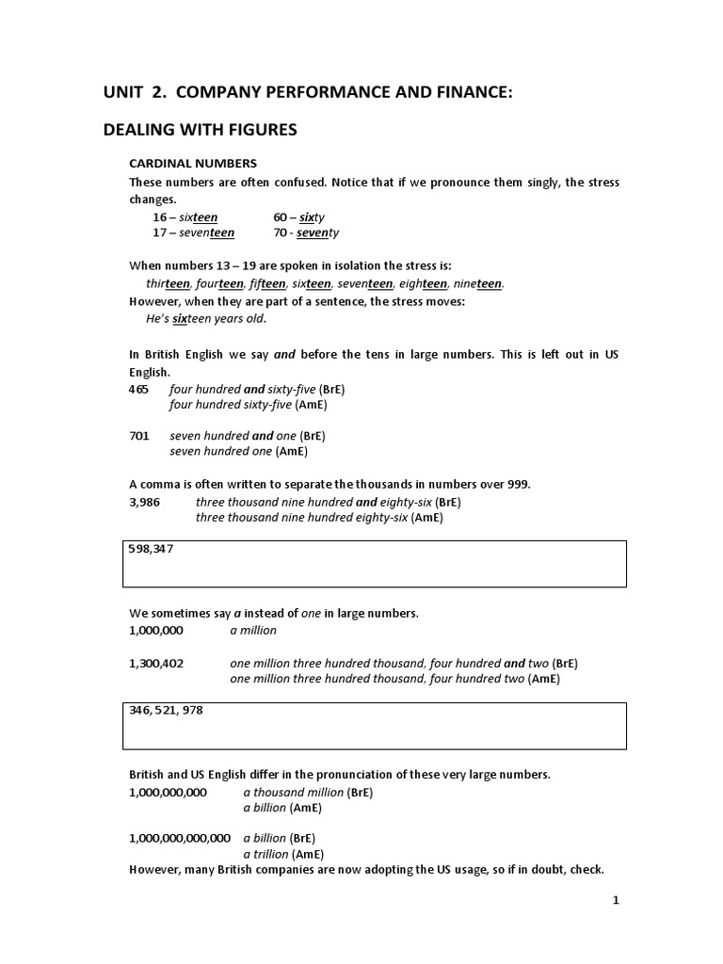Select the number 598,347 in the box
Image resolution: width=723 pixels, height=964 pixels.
151,549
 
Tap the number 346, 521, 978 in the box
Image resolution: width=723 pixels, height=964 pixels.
166,711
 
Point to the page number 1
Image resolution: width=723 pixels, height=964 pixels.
616,900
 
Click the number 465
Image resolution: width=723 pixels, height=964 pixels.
138,389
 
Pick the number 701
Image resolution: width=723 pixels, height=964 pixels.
138,436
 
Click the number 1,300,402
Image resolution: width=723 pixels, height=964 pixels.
156,663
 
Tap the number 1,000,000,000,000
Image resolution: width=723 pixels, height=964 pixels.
180,838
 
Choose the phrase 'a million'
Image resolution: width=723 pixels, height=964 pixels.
253,630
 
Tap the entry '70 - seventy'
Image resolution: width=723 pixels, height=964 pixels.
306,233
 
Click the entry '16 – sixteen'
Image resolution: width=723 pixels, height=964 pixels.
185,217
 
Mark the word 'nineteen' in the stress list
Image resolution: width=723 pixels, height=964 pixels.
476,283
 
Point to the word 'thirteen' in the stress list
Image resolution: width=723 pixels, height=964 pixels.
169,283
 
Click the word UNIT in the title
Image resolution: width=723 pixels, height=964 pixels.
124,92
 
